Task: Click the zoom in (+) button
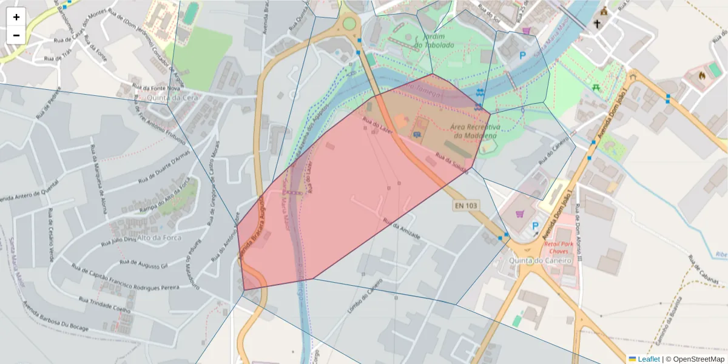pos(16,17)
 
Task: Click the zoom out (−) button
pos(16,35)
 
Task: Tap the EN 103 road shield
pos(466,206)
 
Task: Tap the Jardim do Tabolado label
pos(434,41)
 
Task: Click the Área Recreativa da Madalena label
pos(474,131)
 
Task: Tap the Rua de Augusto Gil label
pos(144,264)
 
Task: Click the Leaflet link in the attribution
pos(649,359)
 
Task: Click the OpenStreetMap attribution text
pos(695,359)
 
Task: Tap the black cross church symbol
pos(597,24)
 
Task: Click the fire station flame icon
pos(702,76)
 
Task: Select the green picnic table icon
pos(596,87)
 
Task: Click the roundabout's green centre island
pos(349,24)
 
